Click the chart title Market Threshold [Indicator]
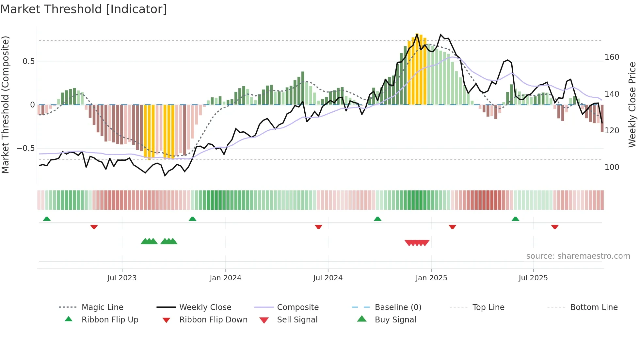pyautogui.click(x=84, y=9)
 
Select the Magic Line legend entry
pyautogui.click(x=102, y=307)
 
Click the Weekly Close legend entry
pyautogui.click(x=205, y=307)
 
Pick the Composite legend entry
pyautogui.click(x=297, y=307)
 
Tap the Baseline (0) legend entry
pyautogui.click(x=398, y=307)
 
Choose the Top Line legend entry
pyautogui.click(x=488, y=307)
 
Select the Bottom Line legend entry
pyautogui.click(x=594, y=307)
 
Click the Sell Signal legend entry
pyautogui.click(x=297, y=319)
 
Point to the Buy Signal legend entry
pyautogui.click(x=395, y=319)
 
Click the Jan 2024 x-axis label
pyautogui.click(x=225, y=278)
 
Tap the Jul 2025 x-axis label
pyautogui.click(x=533, y=278)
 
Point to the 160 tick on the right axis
pyautogui.click(x=612, y=57)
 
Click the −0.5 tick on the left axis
pyautogui.click(x=25, y=148)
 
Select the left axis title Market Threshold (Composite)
pyautogui.click(x=5, y=105)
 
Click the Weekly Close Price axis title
pyautogui.click(x=632, y=105)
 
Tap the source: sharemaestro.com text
pyautogui.click(x=578, y=256)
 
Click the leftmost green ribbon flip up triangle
pyautogui.click(x=47, y=219)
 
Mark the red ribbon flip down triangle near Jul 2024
pyautogui.click(x=318, y=227)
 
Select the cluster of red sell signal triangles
pyautogui.click(x=417, y=243)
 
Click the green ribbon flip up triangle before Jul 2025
pyautogui.click(x=515, y=219)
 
